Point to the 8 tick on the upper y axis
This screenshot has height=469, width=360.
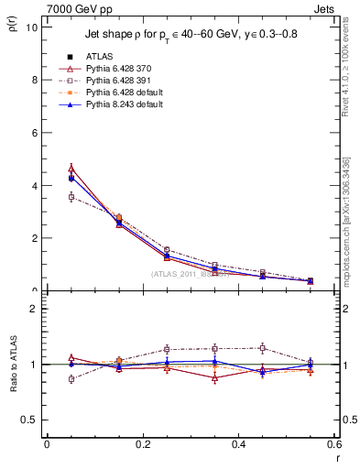(34, 80)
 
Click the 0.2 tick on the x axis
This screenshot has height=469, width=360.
(142, 444)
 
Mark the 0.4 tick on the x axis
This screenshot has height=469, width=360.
(238, 444)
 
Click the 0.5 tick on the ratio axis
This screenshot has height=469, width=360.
(30, 420)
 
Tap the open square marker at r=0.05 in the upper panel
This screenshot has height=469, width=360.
(71, 197)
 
